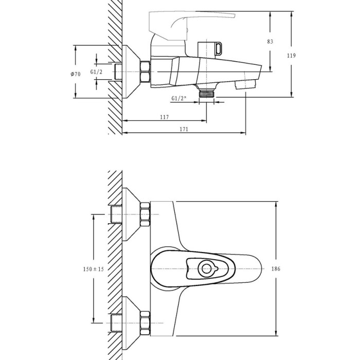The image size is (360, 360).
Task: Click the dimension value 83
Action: [270, 42]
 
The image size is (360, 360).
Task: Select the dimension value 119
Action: [292, 56]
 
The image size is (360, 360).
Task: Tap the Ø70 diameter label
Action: [76, 74]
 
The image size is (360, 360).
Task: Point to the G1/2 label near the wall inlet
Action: [96, 72]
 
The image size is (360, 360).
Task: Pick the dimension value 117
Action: [165, 117]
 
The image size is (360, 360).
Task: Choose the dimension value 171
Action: [184, 129]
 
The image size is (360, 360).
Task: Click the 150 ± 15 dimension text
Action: [94, 269]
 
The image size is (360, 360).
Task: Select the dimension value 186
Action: [276, 268]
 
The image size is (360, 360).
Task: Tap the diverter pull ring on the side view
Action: [219, 48]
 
